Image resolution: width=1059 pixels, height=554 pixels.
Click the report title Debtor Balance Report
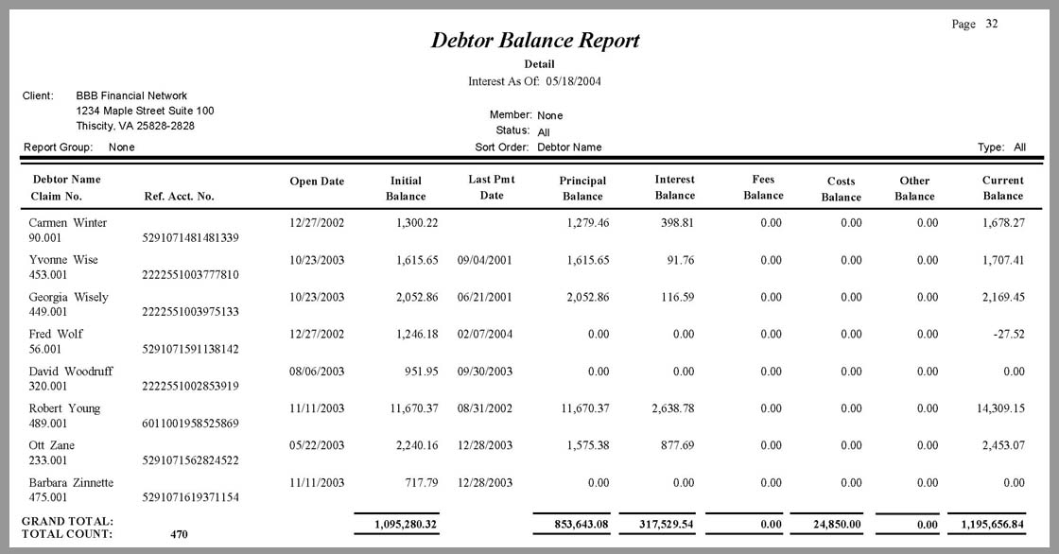coord(535,41)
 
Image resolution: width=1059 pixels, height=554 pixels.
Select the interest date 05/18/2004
coord(573,81)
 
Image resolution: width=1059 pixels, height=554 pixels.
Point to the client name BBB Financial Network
coord(131,96)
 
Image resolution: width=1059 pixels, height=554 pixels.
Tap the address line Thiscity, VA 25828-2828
coord(135,126)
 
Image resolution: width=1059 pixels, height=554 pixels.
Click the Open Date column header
coord(317,182)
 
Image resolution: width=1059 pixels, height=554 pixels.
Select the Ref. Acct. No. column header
coord(179,197)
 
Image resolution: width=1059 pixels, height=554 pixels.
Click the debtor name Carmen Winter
coord(68,223)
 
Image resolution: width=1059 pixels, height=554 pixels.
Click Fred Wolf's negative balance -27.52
coord(1006,334)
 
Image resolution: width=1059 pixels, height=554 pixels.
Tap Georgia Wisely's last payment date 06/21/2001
coord(484,297)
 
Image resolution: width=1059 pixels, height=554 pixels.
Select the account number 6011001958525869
coord(191,424)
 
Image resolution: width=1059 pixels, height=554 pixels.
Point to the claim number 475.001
coord(48,497)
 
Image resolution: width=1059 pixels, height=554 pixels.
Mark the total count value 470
coord(179,534)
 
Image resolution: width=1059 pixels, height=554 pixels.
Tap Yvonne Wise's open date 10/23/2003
coord(317,260)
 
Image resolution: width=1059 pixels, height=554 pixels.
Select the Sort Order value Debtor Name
coord(569,147)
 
